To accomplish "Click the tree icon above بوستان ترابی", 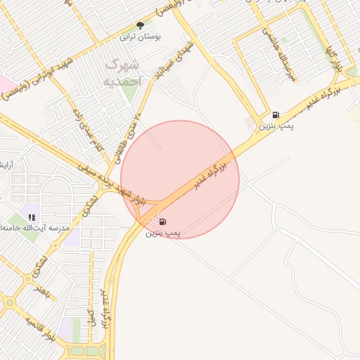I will click(140, 26).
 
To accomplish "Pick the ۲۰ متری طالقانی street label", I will click(131, 124).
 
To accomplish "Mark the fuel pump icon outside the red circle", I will click(275, 115).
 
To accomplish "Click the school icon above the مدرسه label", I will click(32, 217).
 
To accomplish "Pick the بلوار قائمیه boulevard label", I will click(39, 330).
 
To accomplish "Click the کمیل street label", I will click(90, 321).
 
